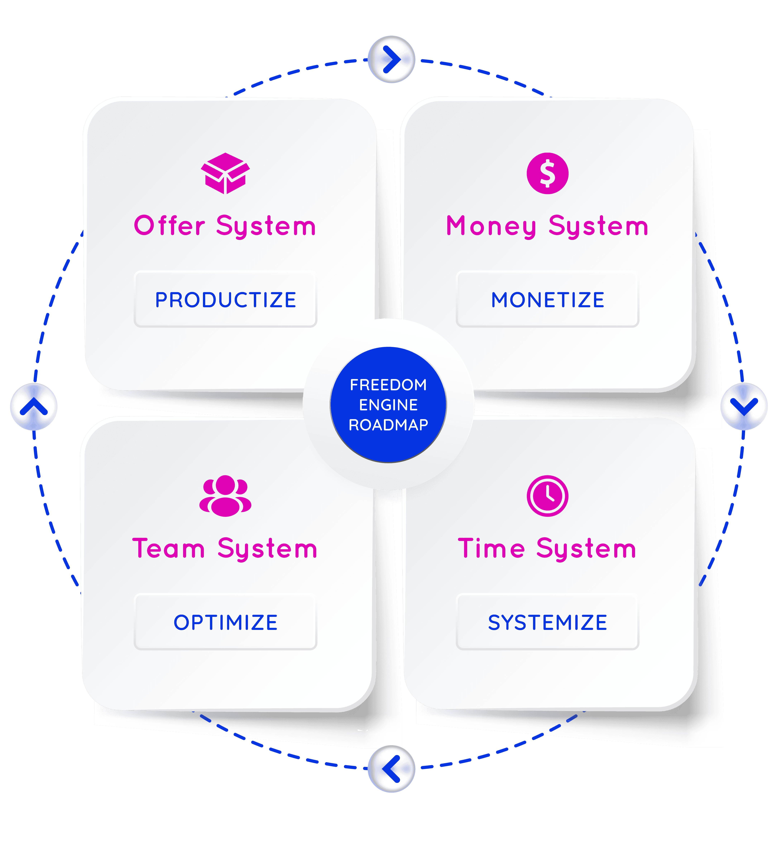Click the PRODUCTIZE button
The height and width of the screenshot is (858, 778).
225,300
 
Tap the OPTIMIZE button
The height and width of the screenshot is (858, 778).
225,622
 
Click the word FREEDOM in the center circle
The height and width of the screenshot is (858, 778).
388,385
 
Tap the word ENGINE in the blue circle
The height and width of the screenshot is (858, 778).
388,405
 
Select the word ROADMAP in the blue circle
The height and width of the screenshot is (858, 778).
388,425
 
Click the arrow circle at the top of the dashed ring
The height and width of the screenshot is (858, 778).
391,59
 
